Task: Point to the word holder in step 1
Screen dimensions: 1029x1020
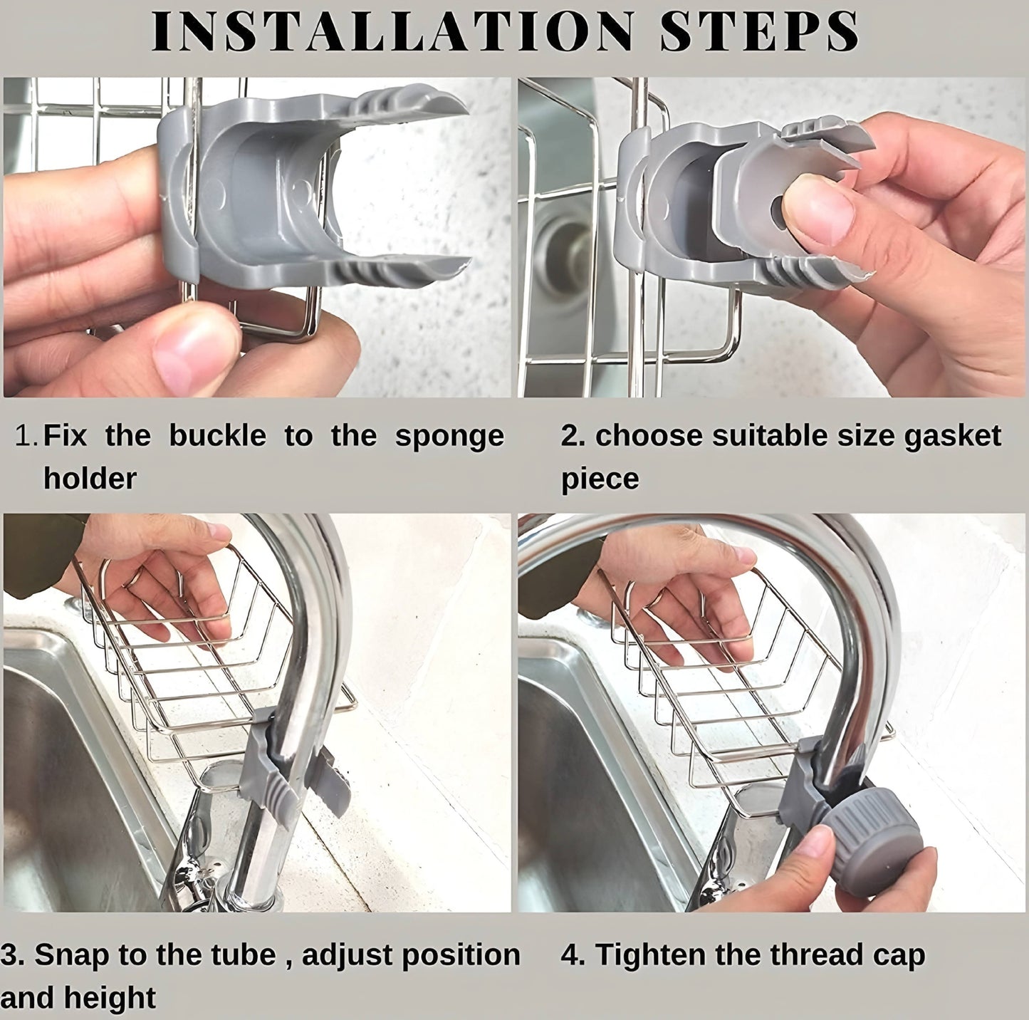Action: [90, 477]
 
